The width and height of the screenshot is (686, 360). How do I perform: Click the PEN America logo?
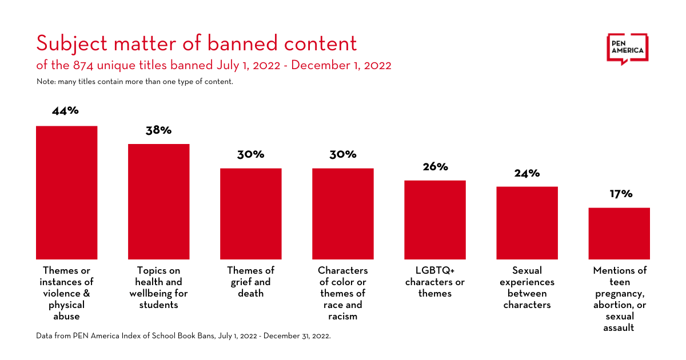[627, 49]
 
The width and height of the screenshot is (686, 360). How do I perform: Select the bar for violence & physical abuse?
[66, 193]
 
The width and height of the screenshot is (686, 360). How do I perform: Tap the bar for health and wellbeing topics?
[158, 202]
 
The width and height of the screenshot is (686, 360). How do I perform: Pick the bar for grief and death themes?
[250, 214]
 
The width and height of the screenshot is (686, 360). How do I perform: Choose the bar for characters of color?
[342, 214]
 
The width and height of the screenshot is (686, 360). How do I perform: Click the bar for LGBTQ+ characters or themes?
[435, 220]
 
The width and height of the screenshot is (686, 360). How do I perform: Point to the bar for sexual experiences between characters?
[527, 223]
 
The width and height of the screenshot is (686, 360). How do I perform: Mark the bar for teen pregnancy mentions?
[619, 233]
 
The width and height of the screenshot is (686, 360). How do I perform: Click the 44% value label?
[65, 111]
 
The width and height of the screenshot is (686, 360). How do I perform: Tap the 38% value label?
[158, 130]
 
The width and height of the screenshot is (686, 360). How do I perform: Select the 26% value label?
[435, 167]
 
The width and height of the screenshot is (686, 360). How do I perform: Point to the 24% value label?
[527, 173]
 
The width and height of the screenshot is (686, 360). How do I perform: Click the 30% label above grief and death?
[250, 154]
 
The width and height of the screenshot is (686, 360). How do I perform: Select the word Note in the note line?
[45, 82]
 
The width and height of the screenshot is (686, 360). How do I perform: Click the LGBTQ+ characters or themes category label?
[435, 282]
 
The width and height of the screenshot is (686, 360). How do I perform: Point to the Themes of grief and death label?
[250, 282]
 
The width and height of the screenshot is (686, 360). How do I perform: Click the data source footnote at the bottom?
[184, 336]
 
